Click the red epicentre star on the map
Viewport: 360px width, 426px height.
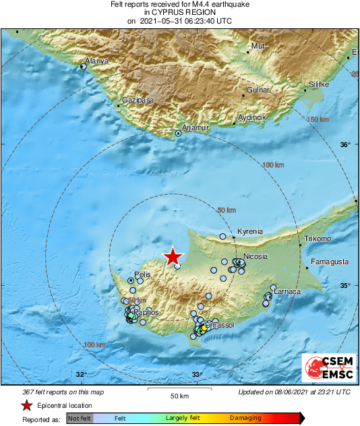click(x=173, y=256)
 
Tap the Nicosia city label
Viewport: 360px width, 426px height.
click(x=256, y=256)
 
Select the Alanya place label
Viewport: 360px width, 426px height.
click(x=96, y=61)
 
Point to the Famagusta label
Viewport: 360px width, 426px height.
click(x=330, y=261)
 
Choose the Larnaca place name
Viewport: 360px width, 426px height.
click(x=287, y=291)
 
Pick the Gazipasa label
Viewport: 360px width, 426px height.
click(x=138, y=100)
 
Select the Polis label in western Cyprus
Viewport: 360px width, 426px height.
click(x=142, y=274)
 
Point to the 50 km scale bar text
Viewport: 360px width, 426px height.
click(x=179, y=395)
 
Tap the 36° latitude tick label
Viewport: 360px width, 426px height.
click(x=345, y=145)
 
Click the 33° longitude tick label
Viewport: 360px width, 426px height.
click(x=197, y=375)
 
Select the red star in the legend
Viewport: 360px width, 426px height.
click(x=26, y=405)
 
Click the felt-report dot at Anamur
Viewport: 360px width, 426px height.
click(x=178, y=133)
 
